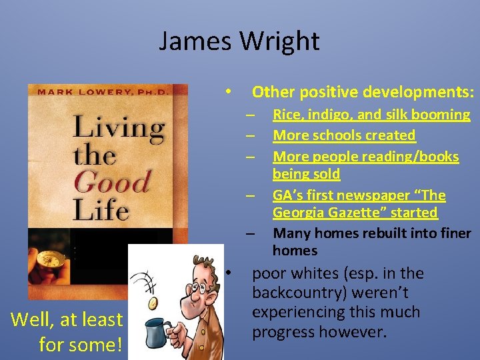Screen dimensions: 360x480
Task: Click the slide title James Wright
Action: click(239, 41)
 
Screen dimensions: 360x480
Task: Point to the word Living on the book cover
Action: click(119, 128)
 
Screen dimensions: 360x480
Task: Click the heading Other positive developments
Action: click(363, 91)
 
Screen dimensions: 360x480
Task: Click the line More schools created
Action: click(344, 135)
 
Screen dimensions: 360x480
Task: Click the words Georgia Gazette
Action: click(354, 213)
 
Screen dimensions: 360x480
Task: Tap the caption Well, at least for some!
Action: click(67, 331)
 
